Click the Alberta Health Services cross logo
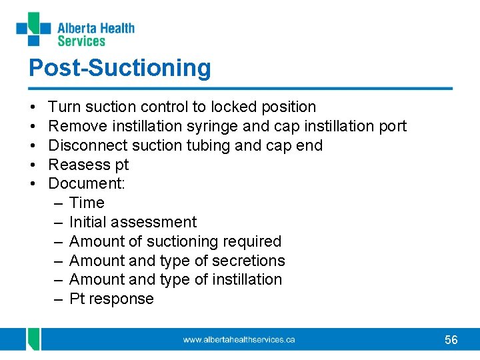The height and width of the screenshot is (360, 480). click(x=33, y=29)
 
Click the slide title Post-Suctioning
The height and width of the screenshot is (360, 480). click(x=119, y=67)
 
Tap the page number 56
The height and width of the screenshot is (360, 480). click(x=451, y=340)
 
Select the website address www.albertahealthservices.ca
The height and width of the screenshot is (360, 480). click(x=239, y=340)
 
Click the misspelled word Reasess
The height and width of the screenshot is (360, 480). click(x=77, y=165)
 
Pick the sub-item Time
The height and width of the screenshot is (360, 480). click(x=87, y=203)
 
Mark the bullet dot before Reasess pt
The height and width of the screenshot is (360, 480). click(x=33, y=165)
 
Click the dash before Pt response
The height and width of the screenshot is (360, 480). click(x=58, y=299)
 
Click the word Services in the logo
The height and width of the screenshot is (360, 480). click(x=81, y=41)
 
